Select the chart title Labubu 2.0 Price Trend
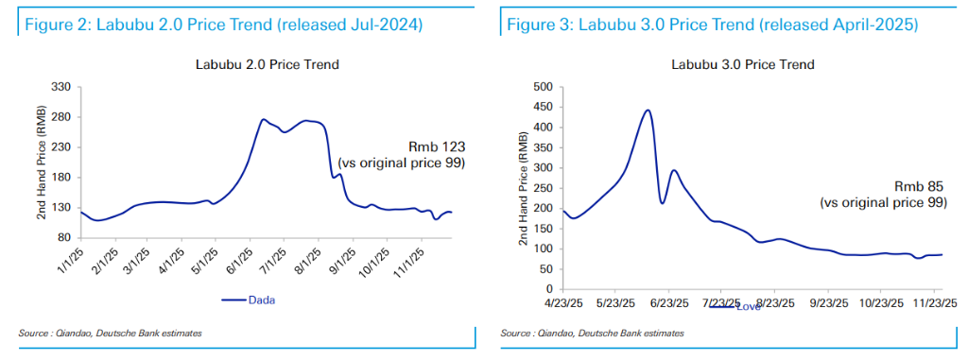click(x=264, y=65)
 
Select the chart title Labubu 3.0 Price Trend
click(x=743, y=65)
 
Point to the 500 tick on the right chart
click(x=544, y=87)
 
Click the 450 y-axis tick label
click(x=544, y=107)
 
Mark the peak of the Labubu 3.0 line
click(x=648, y=110)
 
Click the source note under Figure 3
click(x=592, y=334)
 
